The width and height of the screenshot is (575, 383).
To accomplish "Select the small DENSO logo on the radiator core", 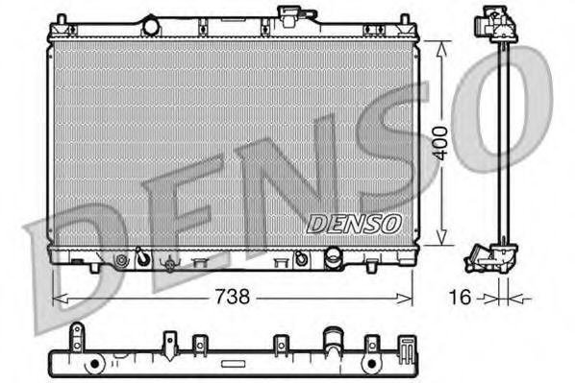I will [354, 223].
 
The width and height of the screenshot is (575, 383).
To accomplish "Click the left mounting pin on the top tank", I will [62, 20].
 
